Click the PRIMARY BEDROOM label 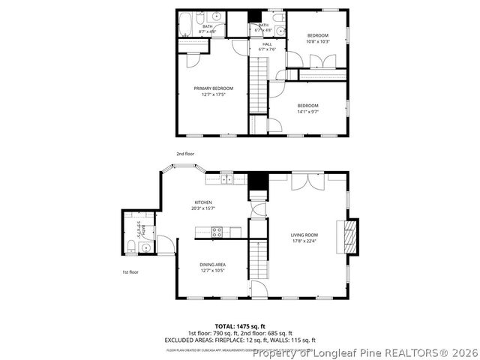[213, 88]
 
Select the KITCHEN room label [203, 202]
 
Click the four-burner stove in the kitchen [217, 232]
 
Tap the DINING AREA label [213, 264]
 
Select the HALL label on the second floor [266, 43]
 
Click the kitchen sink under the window [227, 179]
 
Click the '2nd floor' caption [184, 153]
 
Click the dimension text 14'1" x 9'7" [307, 111]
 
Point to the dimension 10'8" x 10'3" [317, 41]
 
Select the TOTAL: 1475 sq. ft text [239, 326]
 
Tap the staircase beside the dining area [258, 258]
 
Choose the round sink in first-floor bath [144, 245]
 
